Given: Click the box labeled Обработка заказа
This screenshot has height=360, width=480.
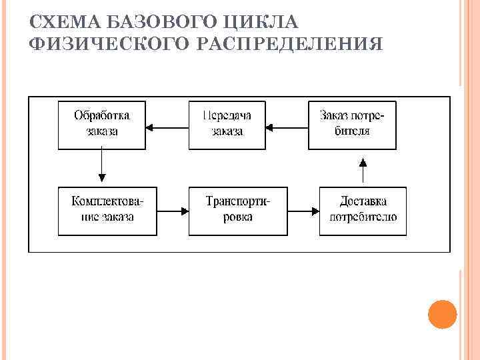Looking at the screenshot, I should [101, 125].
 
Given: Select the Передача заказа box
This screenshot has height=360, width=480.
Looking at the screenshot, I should [227, 125].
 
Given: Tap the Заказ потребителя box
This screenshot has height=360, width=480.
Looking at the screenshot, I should [352, 125].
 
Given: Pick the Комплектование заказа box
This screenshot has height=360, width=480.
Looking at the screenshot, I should [107, 211].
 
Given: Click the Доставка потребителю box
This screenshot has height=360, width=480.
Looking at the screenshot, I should [363, 211].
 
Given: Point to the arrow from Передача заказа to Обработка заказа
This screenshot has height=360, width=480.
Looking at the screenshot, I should [167, 125].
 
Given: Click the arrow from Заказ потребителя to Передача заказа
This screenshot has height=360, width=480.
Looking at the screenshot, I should [287, 125].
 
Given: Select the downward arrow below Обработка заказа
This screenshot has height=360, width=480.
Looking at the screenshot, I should [101, 165].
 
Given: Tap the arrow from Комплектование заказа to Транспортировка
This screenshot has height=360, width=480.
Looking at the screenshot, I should [172, 211].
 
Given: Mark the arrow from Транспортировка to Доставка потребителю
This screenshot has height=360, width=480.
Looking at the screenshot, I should [303, 211].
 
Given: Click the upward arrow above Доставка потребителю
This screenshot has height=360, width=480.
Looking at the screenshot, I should [363, 170].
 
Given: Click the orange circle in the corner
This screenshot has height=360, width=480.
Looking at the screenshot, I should [442, 314].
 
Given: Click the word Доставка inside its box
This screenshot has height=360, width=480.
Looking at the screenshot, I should [363, 201].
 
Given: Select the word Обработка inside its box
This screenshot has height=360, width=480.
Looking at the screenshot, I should [101, 115].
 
